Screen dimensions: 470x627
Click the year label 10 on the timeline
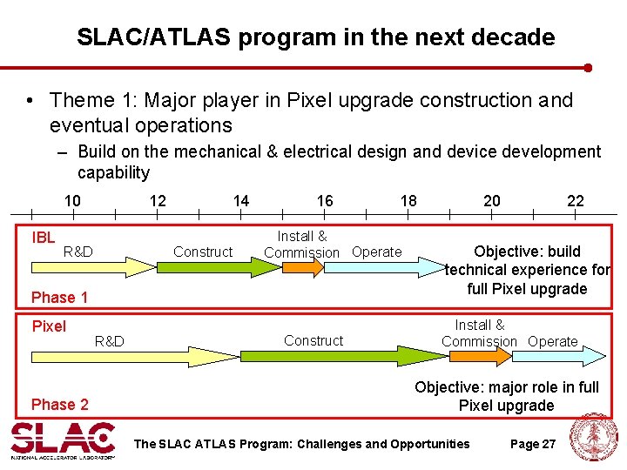point(72,201)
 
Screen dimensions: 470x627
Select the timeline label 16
point(325,201)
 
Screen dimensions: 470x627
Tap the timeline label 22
point(576,201)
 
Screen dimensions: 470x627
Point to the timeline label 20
point(492,201)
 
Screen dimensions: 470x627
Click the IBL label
point(44,238)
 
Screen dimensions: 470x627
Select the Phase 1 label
point(59,298)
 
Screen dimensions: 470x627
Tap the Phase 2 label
point(59,404)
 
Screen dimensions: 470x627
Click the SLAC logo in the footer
point(63,440)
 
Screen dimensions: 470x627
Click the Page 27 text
point(532,444)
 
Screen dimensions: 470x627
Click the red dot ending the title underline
point(588,67)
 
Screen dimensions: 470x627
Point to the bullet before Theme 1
point(31,101)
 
